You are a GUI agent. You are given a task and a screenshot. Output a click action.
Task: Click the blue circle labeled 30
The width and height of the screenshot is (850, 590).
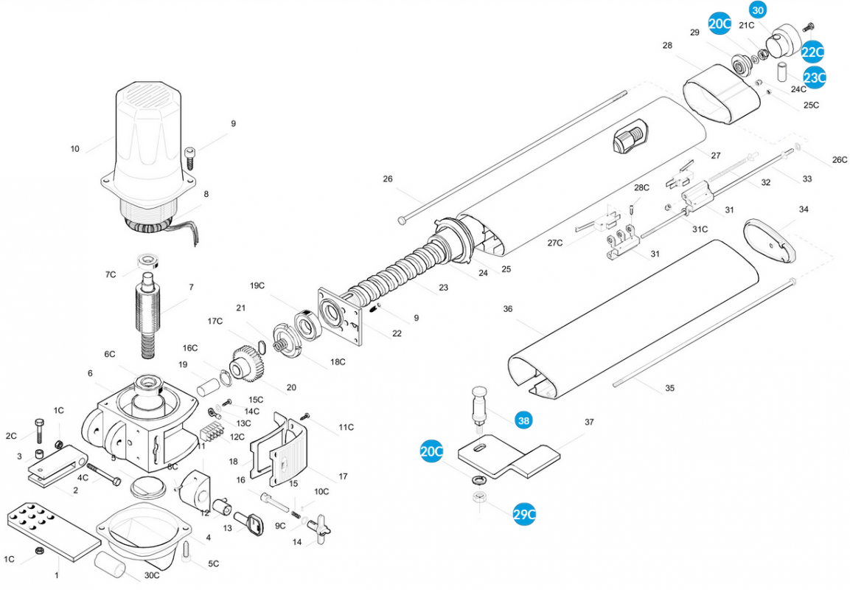(758, 10)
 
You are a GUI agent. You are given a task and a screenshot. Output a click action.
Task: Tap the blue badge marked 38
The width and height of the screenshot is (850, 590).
(523, 420)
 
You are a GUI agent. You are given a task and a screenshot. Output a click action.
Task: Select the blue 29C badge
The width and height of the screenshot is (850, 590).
(524, 515)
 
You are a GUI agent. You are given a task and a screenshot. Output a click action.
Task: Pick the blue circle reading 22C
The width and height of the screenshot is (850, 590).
(812, 52)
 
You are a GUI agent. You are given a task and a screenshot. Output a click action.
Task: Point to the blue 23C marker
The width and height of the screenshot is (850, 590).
(815, 77)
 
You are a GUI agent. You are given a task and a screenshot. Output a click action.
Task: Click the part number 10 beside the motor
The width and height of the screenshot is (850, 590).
(74, 149)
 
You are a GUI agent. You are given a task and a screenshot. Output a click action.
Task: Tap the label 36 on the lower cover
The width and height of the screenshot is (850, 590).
(508, 309)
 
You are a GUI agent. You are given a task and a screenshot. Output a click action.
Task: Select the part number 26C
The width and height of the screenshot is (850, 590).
(840, 159)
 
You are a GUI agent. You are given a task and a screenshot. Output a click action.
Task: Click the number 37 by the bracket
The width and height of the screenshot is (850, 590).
(589, 422)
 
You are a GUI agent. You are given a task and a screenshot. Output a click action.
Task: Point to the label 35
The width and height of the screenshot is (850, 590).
(669, 388)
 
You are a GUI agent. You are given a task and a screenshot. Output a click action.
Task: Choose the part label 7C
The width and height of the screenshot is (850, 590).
(110, 274)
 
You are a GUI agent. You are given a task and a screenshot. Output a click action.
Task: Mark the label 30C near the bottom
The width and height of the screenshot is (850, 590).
(152, 575)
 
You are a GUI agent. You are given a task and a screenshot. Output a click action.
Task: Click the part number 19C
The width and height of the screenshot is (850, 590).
(257, 285)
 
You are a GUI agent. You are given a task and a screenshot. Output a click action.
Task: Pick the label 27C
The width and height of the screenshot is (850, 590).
(555, 243)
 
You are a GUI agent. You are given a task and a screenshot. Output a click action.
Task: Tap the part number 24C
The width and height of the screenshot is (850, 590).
(798, 89)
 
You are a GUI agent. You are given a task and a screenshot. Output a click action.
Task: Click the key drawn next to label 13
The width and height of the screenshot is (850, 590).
(256, 525)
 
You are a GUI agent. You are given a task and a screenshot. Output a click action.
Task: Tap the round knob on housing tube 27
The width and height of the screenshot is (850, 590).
(629, 139)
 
